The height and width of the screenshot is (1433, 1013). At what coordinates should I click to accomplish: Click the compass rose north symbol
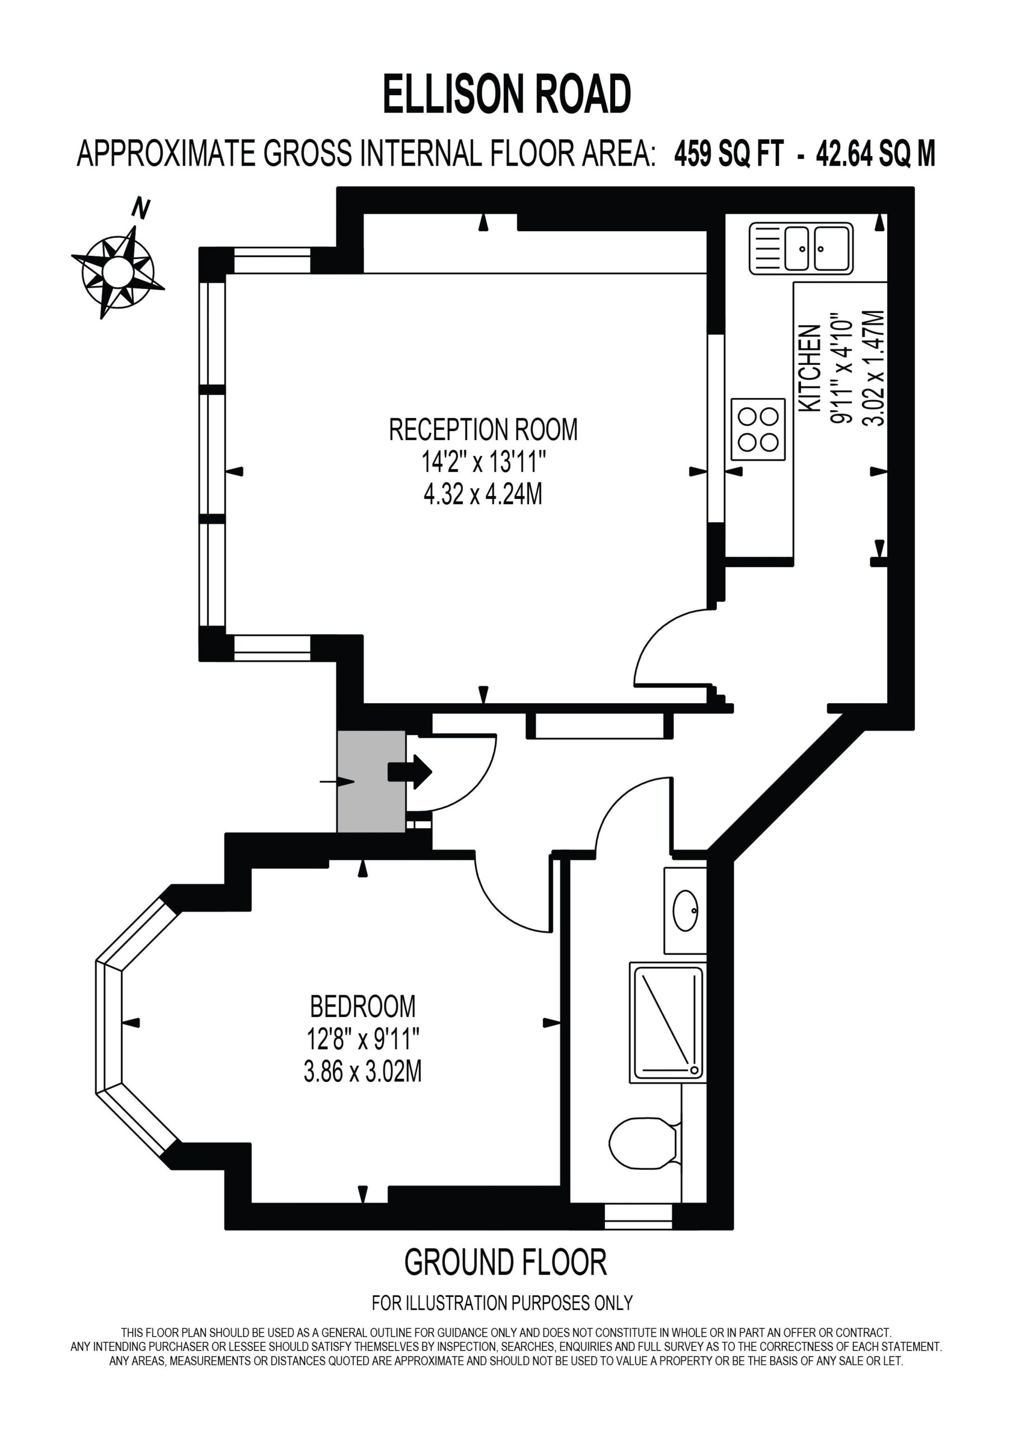point(118,271)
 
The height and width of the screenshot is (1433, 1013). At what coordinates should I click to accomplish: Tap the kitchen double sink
point(801,249)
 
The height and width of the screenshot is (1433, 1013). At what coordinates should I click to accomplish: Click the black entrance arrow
point(410,772)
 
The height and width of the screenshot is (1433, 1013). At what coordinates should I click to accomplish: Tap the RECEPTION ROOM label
point(483,429)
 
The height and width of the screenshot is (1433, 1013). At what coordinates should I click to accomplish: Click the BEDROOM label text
point(363,1006)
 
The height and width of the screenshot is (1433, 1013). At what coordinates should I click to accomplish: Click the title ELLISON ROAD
point(507,93)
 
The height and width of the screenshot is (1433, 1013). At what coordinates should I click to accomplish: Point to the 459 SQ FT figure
point(728,153)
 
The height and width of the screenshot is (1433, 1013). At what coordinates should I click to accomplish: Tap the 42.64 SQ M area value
point(876,153)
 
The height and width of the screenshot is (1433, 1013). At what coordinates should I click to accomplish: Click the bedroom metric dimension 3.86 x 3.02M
point(363,1071)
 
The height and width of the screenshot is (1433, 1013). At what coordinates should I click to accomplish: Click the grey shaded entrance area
point(372,781)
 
